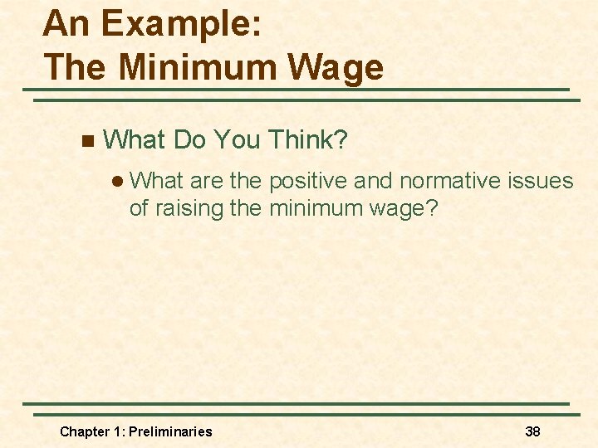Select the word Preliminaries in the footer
coord(170,431)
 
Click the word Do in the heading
coord(189,140)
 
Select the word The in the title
coord(76,66)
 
